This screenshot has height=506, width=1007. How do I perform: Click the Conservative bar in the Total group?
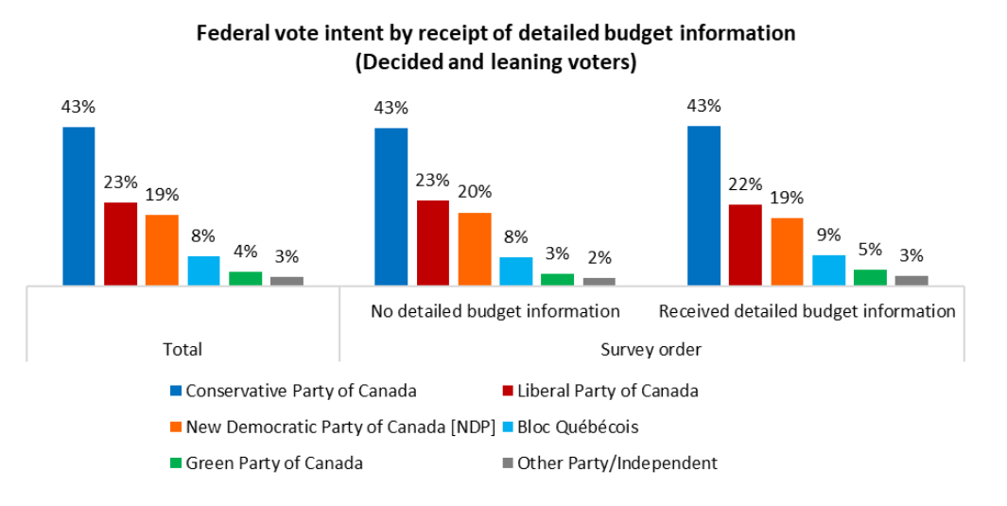tap(78, 205)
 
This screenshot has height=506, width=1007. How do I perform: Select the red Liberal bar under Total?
tap(120, 243)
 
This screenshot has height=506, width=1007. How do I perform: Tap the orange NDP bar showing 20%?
tap(474, 248)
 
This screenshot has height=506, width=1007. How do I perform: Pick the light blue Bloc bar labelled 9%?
tap(828, 270)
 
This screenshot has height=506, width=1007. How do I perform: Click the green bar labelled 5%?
tap(870, 276)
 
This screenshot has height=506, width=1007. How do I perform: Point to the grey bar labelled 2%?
tap(599, 281)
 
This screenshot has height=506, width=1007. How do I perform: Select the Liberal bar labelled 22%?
tap(745, 244)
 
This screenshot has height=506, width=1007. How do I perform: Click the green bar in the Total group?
tap(245, 277)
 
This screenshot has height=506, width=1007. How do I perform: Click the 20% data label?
tap(474, 191)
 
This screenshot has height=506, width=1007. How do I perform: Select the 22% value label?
tap(745, 185)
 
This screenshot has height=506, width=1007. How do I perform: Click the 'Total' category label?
tap(182, 349)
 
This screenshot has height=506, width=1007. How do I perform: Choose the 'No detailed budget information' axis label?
tap(495, 311)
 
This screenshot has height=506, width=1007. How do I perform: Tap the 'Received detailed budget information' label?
tap(807, 311)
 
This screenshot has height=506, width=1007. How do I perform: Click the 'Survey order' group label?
tap(651, 349)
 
